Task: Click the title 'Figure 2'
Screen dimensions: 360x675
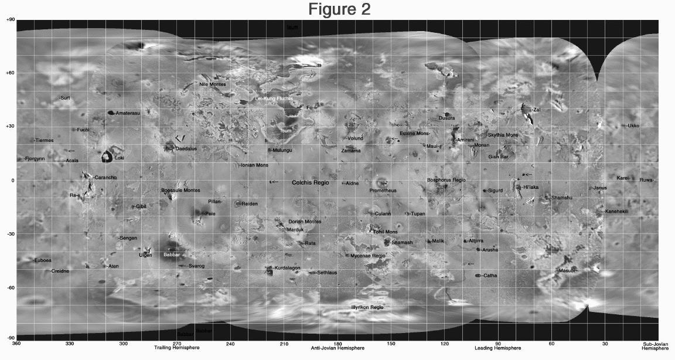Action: (340, 9)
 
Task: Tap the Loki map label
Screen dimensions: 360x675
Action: (119, 158)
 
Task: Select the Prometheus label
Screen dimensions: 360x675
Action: (383, 191)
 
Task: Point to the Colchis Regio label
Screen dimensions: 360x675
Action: (311, 183)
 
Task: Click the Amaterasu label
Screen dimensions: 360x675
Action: (127, 113)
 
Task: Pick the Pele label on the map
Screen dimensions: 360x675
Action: (210, 214)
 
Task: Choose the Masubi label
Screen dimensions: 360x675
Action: (567, 271)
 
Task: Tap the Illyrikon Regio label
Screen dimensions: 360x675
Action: (367, 307)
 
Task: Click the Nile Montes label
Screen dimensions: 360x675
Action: (212, 84)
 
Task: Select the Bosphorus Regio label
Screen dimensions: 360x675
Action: (446, 180)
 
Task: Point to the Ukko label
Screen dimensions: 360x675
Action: (633, 126)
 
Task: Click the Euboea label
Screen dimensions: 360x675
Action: (43, 260)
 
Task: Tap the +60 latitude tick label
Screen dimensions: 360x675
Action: (10, 73)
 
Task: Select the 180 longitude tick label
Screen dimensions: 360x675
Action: (337, 343)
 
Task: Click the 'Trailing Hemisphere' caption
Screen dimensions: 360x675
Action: (176, 348)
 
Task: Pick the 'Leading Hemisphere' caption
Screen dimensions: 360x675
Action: (497, 348)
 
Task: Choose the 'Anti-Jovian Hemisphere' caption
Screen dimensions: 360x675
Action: (337, 348)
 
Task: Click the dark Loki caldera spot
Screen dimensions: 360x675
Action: (107, 157)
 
